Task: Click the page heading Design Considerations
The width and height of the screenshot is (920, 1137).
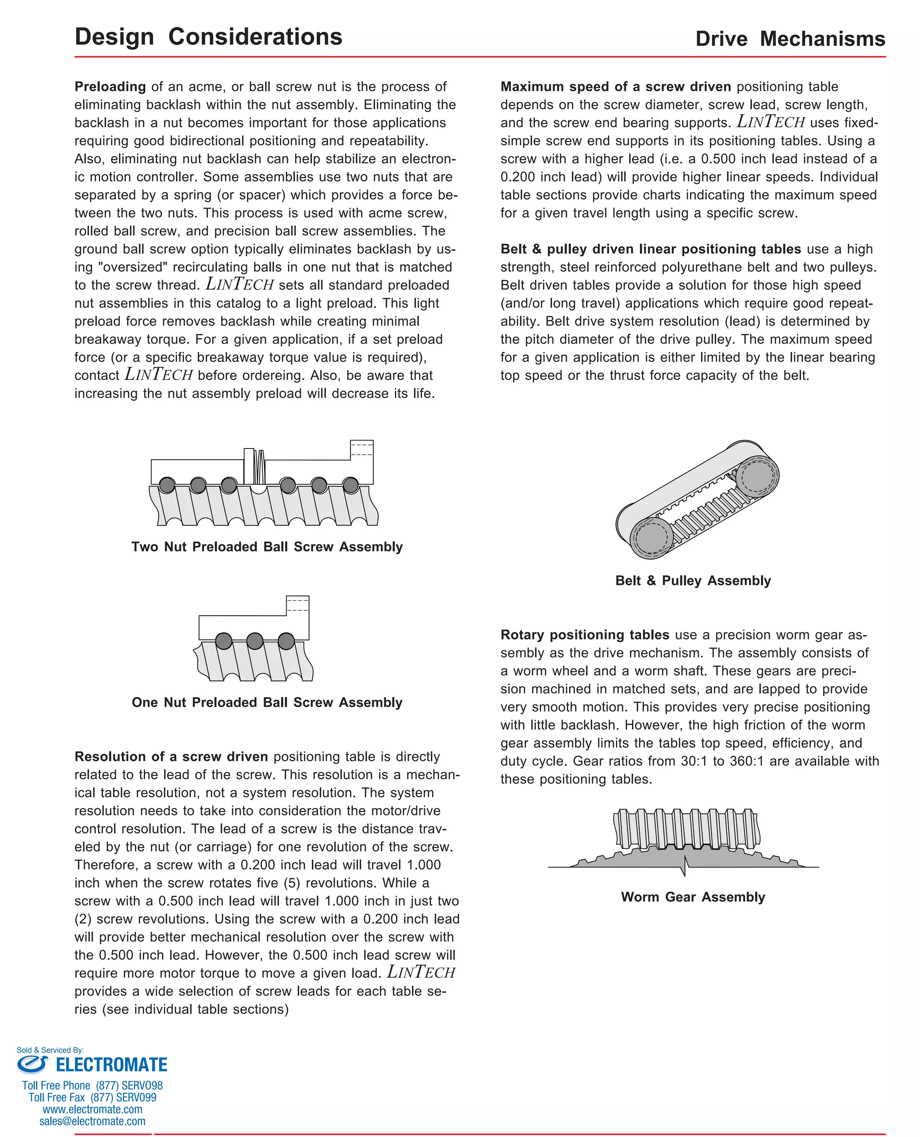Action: [208, 36]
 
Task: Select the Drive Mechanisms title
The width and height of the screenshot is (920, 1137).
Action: [790, 39]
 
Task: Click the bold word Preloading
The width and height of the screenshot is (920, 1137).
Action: [110, 86]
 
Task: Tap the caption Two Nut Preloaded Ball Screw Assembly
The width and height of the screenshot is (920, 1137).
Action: [267, 546]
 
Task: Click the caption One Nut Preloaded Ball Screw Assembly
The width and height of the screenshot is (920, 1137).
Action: [267, 702]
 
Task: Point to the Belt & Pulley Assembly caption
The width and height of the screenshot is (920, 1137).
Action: [693, 581]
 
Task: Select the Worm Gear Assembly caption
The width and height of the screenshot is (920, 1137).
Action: [693, 897]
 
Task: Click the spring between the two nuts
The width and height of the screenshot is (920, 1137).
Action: [259, 466]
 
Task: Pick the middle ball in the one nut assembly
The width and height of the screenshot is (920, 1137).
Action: [255, 641]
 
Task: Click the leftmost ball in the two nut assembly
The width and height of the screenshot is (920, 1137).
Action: [167, 484]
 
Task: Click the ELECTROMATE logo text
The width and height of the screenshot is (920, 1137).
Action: [111, 1065]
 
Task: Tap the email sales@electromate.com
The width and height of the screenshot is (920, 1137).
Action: [92, 1121]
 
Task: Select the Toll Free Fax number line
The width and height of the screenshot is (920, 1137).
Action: [92, 1097]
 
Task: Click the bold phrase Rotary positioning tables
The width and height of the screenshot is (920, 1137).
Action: [584, 635]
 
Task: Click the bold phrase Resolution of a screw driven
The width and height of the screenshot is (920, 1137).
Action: [171, 756]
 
